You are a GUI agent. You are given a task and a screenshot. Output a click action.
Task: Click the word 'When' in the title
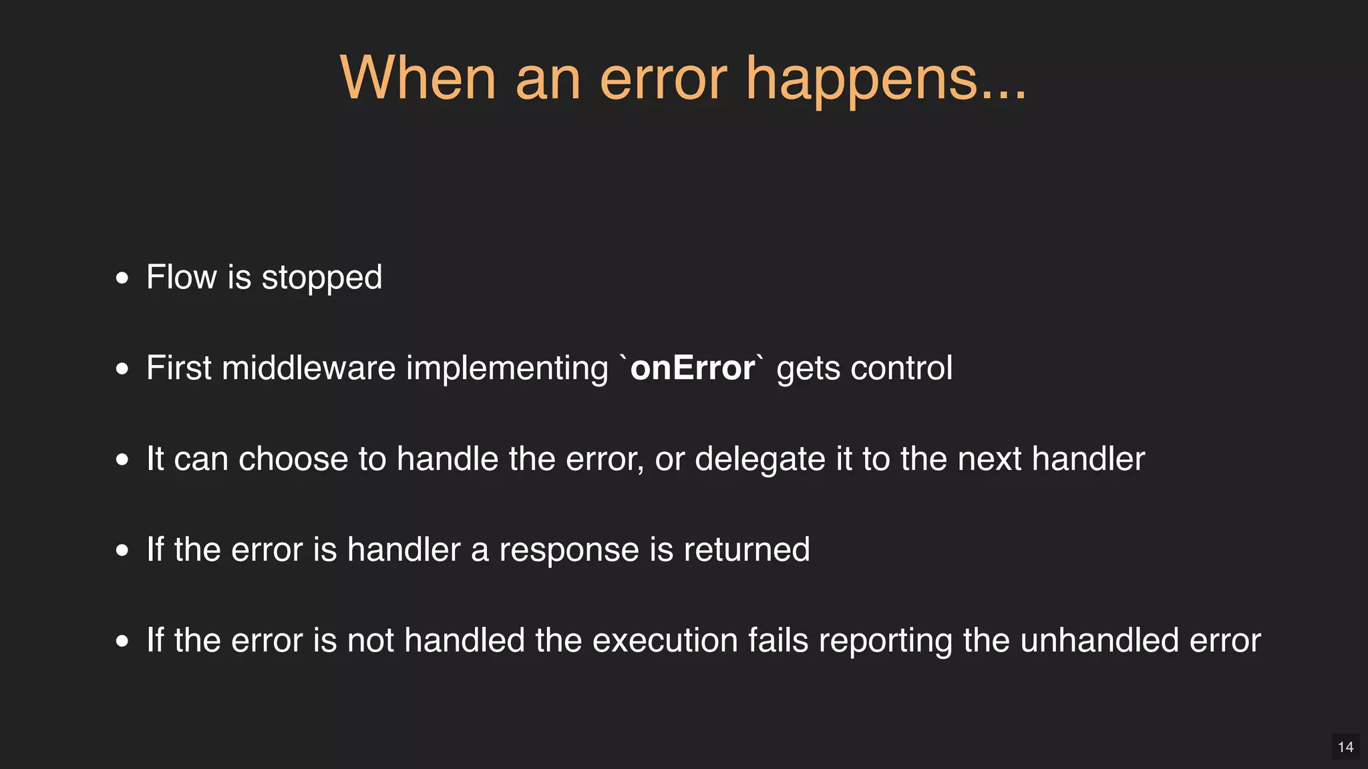point(417,78)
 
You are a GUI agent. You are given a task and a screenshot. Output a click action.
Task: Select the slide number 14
point(1345,747)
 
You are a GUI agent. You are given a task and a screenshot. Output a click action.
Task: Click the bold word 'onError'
point(692,368)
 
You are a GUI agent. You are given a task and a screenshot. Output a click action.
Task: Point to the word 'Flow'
point(182,277)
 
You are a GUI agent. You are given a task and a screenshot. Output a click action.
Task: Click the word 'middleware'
point(309,368)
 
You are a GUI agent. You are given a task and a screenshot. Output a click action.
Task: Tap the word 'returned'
point(746,550)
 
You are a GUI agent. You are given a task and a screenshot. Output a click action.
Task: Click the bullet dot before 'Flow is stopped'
point(122,278)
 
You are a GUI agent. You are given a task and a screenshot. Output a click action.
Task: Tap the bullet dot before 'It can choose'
point(122,459)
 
